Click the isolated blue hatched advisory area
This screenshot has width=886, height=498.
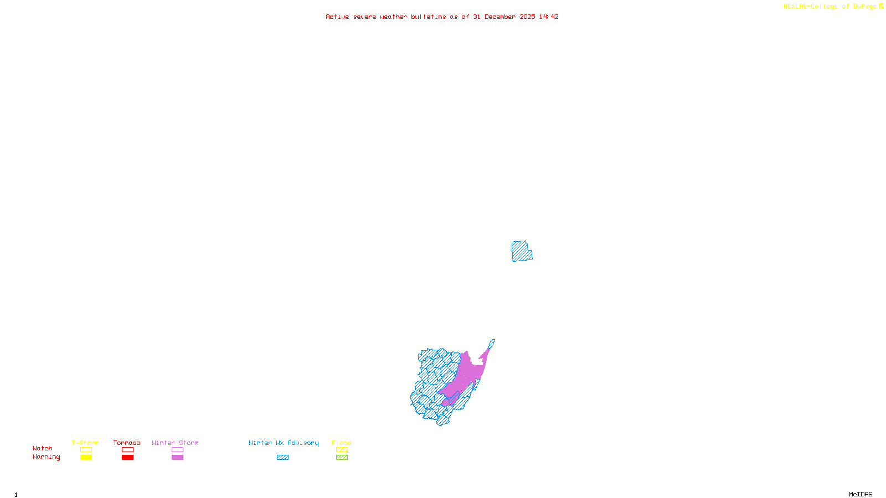521,251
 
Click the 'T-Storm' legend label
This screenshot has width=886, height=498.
85,443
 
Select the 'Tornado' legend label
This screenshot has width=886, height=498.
127,443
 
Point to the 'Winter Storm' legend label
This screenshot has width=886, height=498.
175,443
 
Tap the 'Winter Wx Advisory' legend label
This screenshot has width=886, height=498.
284,443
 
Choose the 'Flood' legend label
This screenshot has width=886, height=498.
342,443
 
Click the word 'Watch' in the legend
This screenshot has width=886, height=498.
43,448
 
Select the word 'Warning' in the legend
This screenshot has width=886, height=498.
46,457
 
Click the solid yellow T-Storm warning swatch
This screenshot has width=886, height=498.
86,458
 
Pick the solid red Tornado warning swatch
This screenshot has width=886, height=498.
128,458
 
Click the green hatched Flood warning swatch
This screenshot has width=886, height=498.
342,458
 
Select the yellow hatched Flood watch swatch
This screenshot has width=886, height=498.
342,450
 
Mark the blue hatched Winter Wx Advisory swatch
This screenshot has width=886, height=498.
282,458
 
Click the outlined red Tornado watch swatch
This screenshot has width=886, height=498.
128,450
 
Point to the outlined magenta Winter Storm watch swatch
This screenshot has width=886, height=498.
177,450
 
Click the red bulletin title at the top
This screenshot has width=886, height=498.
442,17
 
